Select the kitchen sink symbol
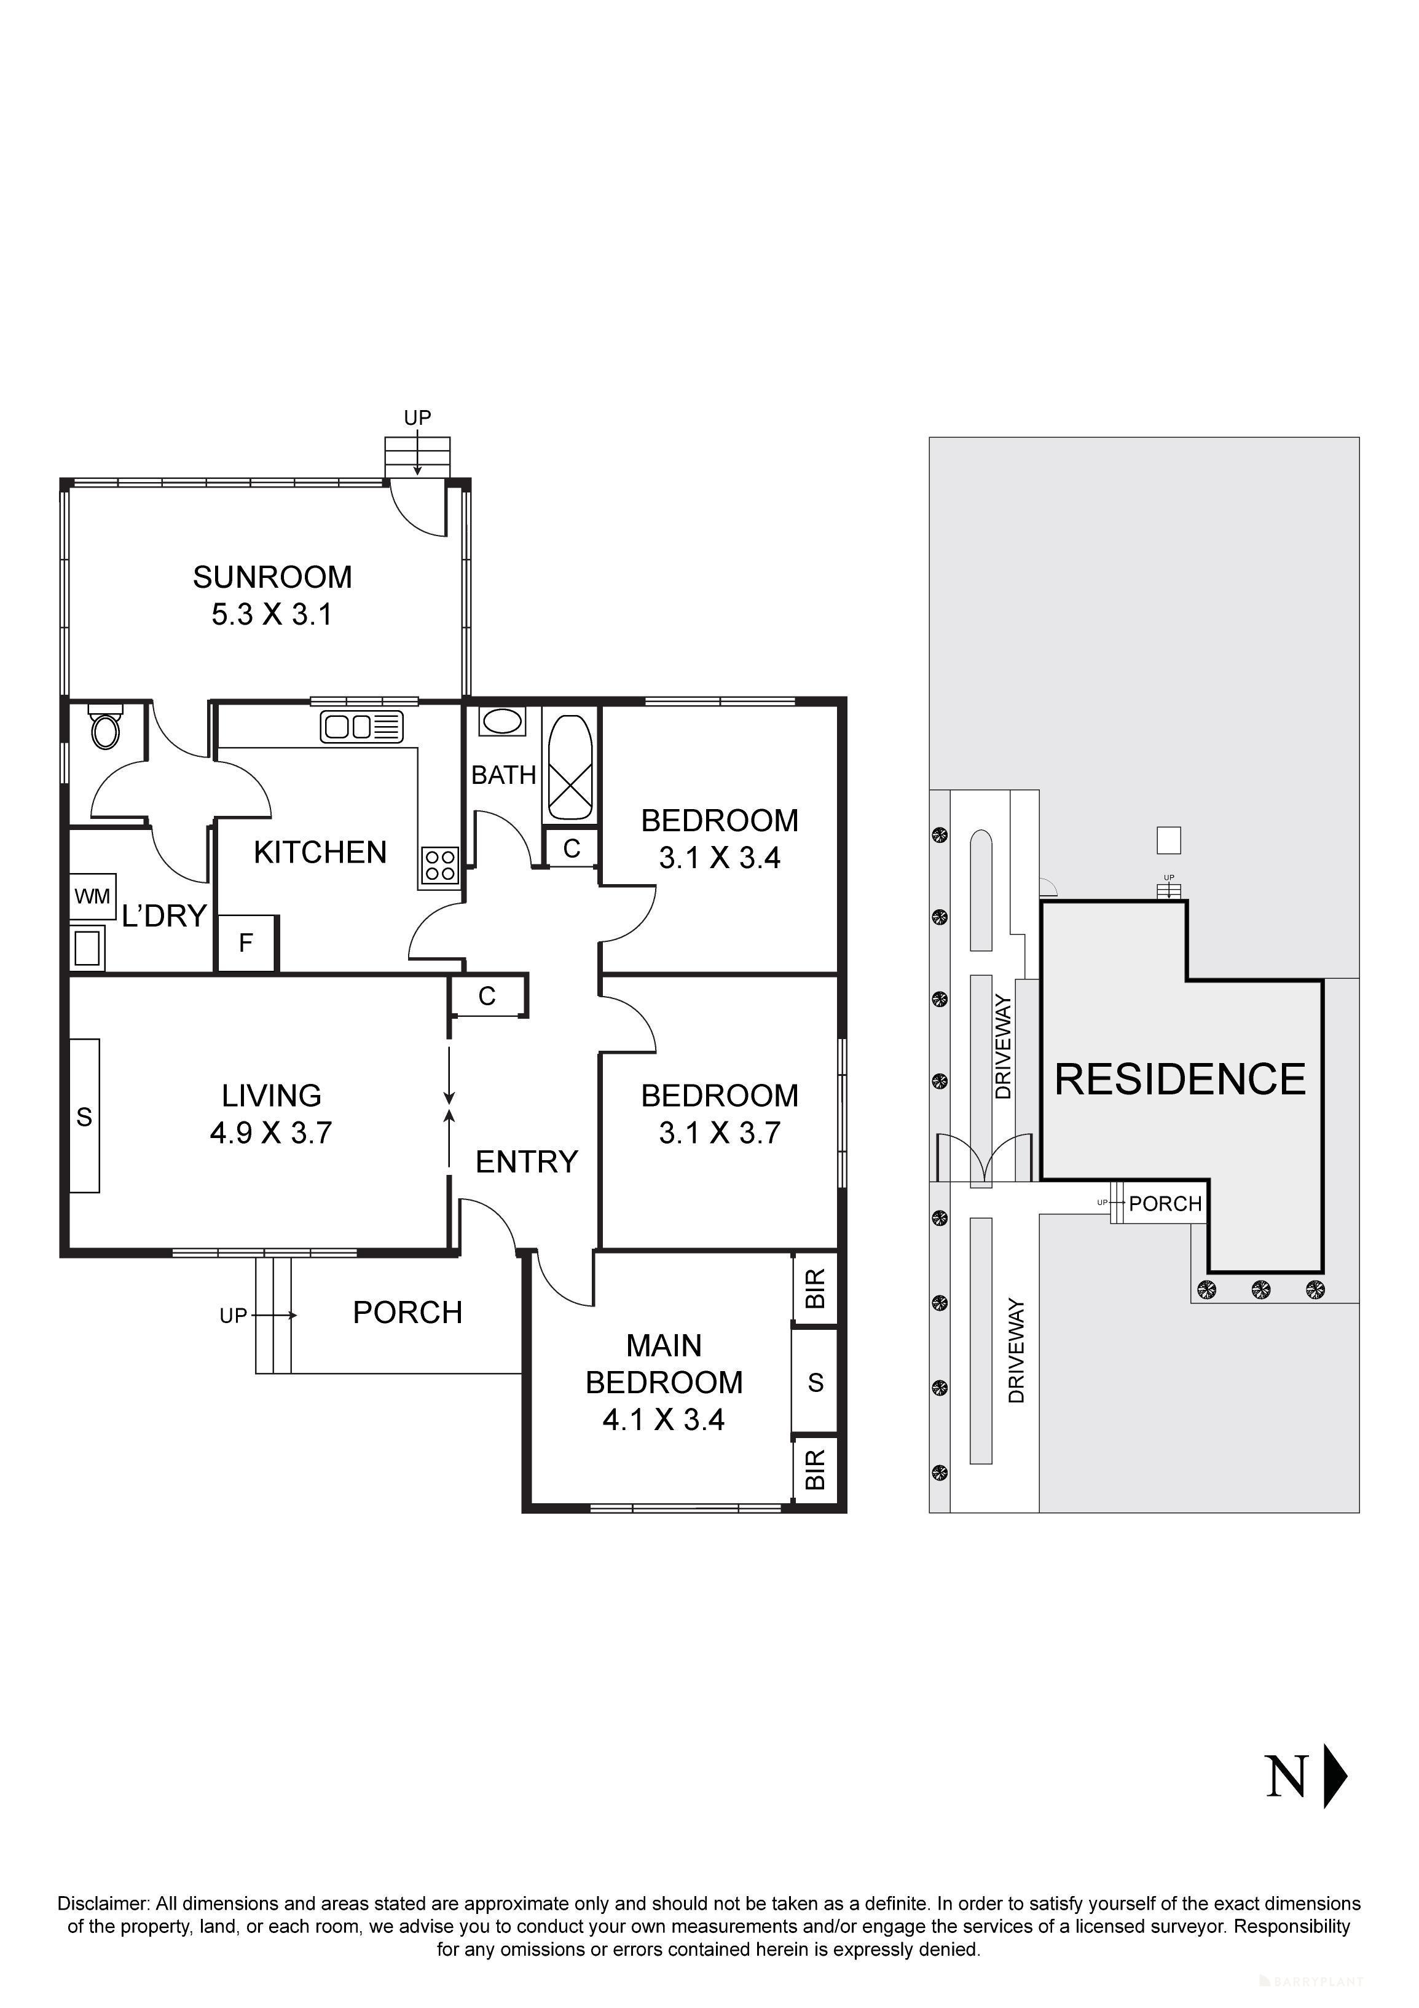(x=361, y=727)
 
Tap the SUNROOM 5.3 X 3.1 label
(x=272, y=596)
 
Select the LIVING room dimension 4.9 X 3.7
(x=271, y=1134)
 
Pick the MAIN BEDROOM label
(x=664, y=1364)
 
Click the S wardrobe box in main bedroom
(x=815, y=1383)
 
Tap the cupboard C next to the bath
(x=572, y=848)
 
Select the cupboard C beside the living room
(x=487, y=996)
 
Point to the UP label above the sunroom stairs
(x=417, y=418)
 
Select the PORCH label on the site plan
(x=1165, y=1204)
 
